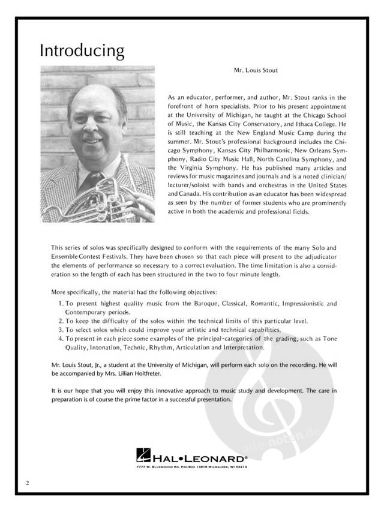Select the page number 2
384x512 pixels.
point(28,482)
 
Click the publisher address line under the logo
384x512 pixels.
point(191,466)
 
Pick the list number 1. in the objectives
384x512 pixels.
point(62,304)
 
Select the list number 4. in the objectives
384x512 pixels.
point(62,339)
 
